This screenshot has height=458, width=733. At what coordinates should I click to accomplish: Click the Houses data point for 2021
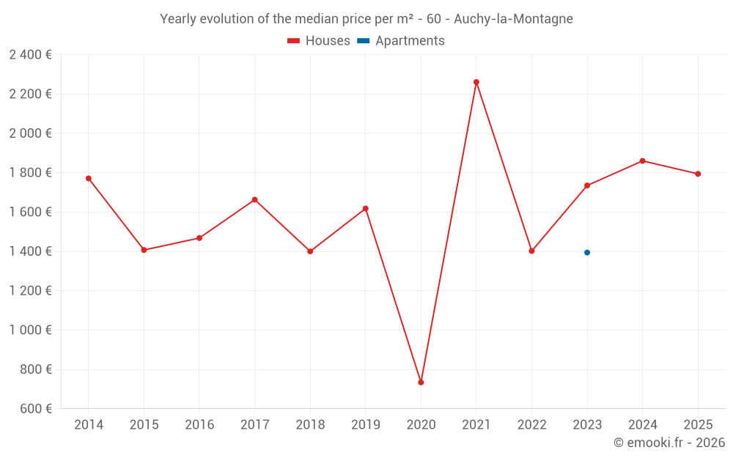pyautogui.click(x=476, y=82)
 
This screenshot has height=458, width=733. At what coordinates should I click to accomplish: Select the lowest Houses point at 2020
pyautogui.click(x=421, y=383)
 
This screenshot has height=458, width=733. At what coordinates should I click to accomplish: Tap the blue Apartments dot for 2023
pyautogui.click(x=587, y=253)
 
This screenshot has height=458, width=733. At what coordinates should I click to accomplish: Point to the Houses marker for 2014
pyautogui.click(x=89, y=178)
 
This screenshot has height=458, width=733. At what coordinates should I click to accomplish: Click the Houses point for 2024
pyautogui.click(x=643, y=160)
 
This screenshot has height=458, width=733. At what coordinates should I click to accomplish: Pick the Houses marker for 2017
pyautogui.click(x=254, y=199)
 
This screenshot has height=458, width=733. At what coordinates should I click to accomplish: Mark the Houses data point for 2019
pyautogui.click(x=366, y=209)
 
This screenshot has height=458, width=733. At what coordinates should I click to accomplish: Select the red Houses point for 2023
pyautogui.click(x=587, y=185)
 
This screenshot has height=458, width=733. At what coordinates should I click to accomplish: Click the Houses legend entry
pyautogui.click(x=319, y=41)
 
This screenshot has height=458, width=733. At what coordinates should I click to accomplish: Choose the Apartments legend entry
pyautogui.click(x=401, y=41)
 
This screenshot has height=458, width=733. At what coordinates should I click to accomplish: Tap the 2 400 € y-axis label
pyautogui.click(x=30, y=54)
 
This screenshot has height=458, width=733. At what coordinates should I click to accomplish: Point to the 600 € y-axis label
pyautogui.click(x=35, y=409)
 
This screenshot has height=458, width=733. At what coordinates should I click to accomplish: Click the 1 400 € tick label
pyautogui.click(x=30, y=251)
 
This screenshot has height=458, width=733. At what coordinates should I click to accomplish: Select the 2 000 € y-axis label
pyautogui.click(x=30, y=133)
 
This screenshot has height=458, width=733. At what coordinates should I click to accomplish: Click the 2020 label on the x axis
pyautogui.click(x=421, y=425)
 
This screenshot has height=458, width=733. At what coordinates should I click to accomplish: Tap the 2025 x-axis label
pyautogui.click(x=698, y=425)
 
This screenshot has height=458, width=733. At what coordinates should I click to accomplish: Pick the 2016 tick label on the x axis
pyautogui.click(x=199, y=425)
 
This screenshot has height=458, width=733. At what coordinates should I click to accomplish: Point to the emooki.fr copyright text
pyautogui.click(x=668, y=443)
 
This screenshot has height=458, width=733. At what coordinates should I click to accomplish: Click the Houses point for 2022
pyautogui.click(x=531, y=251)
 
